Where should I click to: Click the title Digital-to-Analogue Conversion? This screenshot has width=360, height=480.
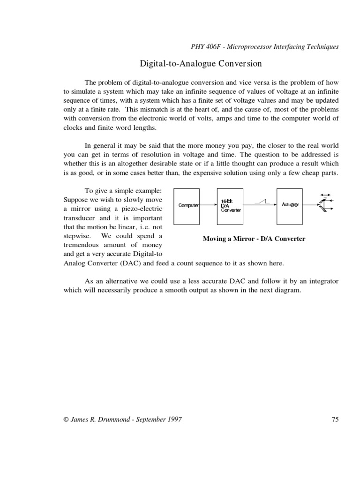click(201, 63)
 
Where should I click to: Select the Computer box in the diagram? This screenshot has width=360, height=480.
click(186, 205)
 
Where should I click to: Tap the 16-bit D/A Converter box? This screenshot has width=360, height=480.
click(231, 205)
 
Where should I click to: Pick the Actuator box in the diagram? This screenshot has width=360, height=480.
click(291, 205)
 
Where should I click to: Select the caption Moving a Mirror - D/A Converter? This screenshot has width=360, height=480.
click(254, 239)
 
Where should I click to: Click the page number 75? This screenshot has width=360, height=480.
click(334, 420)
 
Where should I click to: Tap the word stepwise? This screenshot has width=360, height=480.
click(78, 236)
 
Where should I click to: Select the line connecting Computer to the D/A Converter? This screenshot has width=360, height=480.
click(209, 205)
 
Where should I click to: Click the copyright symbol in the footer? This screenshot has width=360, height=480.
click(66, 420)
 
